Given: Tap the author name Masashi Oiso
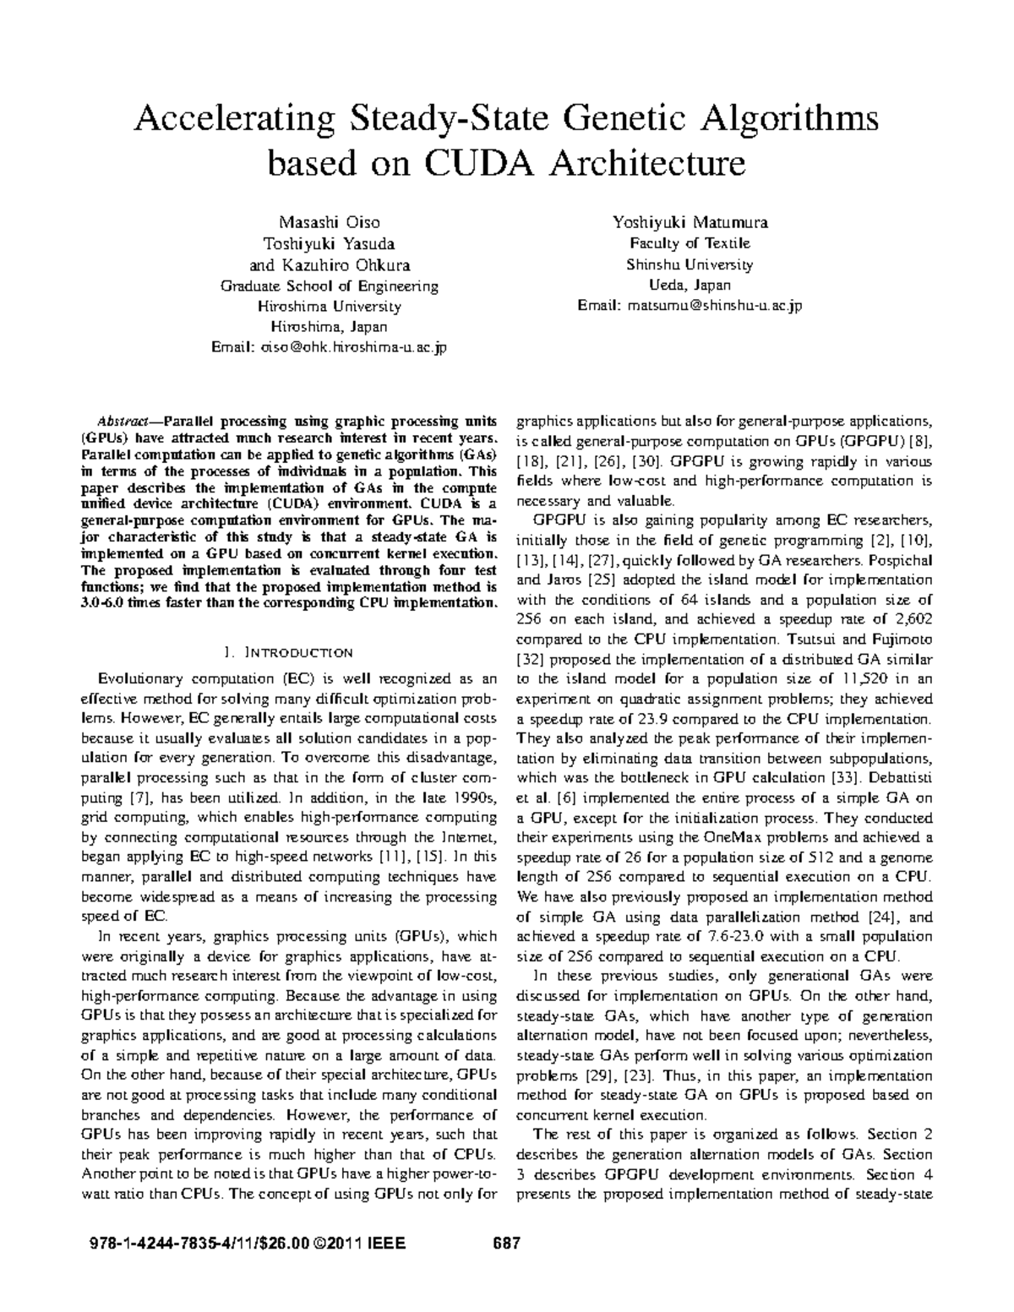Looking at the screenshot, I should pos(329,223).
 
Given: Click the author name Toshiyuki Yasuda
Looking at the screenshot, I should pos(329,244).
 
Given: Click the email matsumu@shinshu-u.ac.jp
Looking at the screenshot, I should pos(711,305).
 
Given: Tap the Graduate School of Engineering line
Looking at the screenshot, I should pos(329,286).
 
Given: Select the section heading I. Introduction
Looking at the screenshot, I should pos(287,652).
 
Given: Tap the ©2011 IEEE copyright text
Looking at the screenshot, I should pos(361,1244).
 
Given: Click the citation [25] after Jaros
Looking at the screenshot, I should pos(585,580).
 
